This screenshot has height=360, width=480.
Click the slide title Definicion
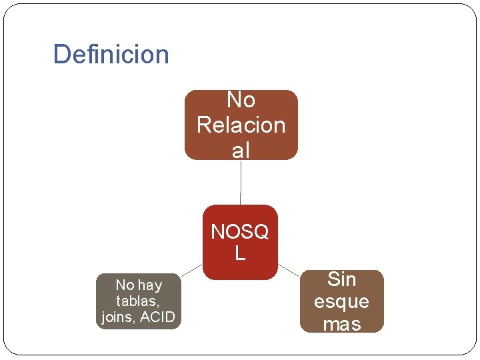(111, 54)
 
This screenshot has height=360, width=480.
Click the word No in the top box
(241, 100)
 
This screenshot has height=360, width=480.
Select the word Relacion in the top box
(241, 125)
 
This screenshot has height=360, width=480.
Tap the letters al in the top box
(241, 150)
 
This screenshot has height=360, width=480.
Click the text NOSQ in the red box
(240, 232)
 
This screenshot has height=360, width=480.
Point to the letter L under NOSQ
(240, 253)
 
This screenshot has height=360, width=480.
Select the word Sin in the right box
(341, 279)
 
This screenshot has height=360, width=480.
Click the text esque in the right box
(341, 301)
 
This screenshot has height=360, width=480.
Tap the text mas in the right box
(341, 324)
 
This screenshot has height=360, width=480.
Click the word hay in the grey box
(149, 285)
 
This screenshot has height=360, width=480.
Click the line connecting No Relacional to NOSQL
(241, 182)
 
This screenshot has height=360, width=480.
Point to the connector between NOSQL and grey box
(191, 269)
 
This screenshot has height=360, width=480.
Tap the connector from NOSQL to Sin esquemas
(289, 269)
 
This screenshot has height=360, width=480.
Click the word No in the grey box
(125, 285)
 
